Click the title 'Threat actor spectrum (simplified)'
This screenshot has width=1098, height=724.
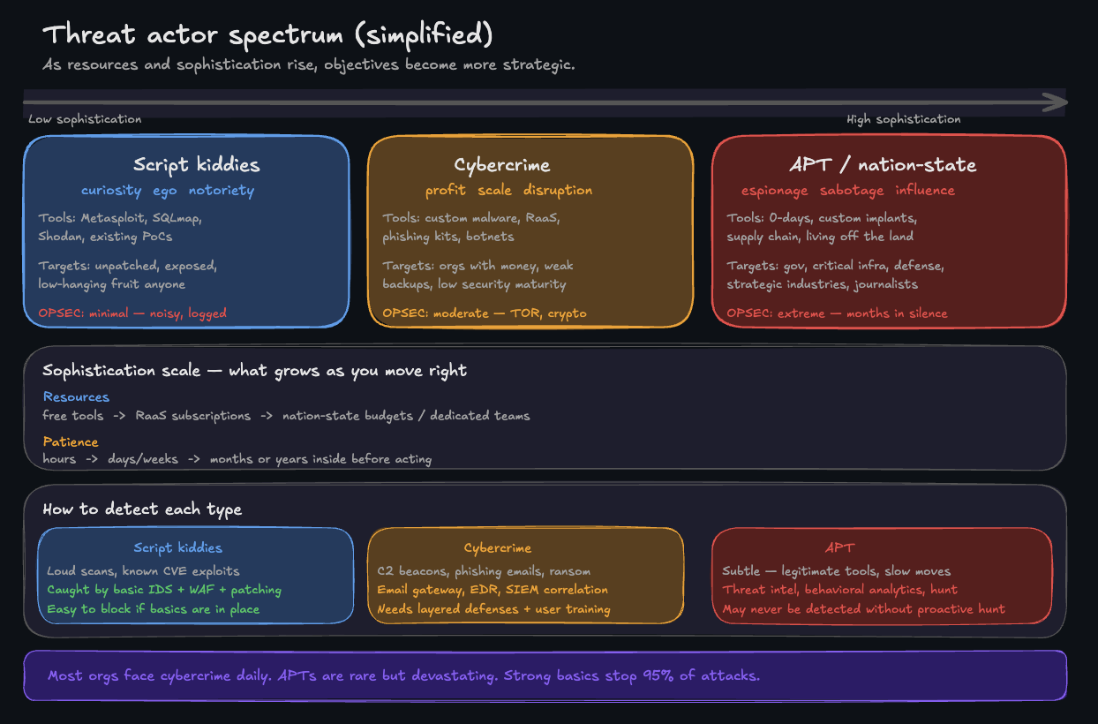[267, 35]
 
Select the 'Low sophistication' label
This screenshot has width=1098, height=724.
[85, 119]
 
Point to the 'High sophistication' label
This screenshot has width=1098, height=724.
[903, 119]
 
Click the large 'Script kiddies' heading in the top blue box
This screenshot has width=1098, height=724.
[197, 165]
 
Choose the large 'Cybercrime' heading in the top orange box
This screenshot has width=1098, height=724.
[501, 165]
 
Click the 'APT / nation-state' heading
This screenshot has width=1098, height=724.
[883, 165]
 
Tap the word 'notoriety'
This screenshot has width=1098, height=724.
[221, 191]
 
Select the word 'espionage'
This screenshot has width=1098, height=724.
[774, 191]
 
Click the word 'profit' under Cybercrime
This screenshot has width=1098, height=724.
[446, 191]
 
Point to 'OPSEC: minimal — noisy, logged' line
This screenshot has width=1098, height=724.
[132, 313]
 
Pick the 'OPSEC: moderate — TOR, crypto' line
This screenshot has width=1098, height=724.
[484, 313]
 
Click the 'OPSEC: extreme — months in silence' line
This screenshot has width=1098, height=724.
[837, 313]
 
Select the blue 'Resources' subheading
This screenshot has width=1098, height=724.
[76, 397]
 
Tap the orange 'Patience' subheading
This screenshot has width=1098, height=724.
[71, 441]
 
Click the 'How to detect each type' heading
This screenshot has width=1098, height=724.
[142, 509]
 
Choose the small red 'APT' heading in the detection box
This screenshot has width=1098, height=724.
[839, 547]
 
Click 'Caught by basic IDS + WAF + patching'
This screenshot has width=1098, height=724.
[164, 590]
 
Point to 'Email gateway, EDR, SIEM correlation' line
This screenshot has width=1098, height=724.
[493, 590]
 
